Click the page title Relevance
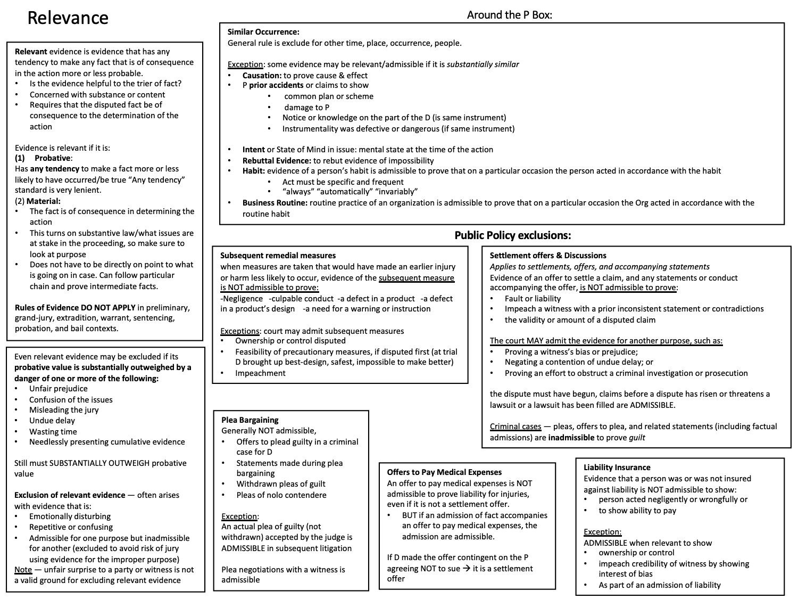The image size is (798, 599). [68, 18]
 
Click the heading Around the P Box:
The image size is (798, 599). [509, 15]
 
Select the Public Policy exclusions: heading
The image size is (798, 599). [512, 235]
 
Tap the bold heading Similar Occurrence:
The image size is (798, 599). [263, 32]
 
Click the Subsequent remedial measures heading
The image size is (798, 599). [278, 256]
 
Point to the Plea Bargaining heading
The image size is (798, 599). [250, 420]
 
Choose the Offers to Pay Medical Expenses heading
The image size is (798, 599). [444, 472]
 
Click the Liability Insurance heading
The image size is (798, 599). [617, 467]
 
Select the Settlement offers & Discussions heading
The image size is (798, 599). [548, 256]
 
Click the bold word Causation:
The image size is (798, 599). [262, 76]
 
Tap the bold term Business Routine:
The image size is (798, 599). [275, 203]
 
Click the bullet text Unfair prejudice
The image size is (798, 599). [59, 389]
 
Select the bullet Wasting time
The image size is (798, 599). [53, 432]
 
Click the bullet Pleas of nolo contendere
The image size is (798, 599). [281, 495]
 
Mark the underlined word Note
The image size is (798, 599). [23, 570]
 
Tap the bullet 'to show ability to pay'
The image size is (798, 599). [637, 511]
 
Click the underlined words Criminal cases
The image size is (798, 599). [515, 426]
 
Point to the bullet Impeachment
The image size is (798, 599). [260, 373]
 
